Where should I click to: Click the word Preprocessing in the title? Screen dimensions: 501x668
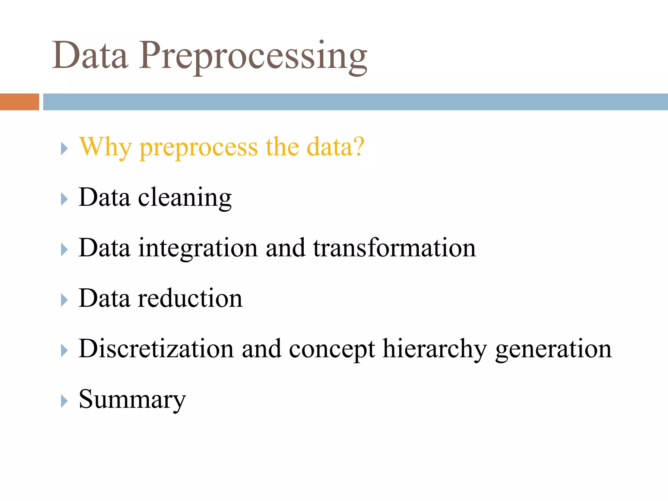253,55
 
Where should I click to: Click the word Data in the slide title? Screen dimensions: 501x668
90,55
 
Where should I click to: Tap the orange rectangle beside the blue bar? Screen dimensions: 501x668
19,102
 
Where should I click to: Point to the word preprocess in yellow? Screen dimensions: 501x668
199,148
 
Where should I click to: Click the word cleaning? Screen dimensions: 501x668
185,198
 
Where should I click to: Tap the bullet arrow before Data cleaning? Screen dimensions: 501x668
64,199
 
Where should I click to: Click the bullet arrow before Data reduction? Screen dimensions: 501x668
64,300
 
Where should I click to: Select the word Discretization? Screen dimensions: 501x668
156,349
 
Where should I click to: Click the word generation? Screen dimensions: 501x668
553,350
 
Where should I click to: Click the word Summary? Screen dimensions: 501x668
132,400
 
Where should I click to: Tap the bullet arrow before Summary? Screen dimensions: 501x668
64,401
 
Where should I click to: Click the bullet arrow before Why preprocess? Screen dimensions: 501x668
64,149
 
